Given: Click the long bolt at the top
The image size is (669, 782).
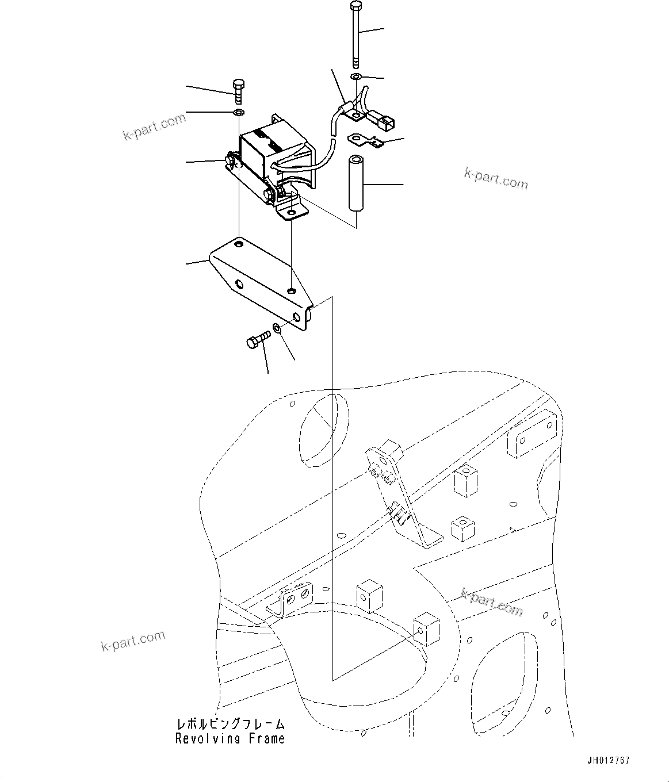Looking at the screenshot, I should tap(355, 34).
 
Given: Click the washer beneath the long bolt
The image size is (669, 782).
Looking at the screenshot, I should tap(356, 77).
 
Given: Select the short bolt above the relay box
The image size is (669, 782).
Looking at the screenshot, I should tap(239, 91).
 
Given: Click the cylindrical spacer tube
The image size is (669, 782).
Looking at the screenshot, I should tap(355, 182).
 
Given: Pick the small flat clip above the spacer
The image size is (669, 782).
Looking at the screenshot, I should tap(366, 140).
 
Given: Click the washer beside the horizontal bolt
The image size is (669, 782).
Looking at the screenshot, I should tap(277, 329).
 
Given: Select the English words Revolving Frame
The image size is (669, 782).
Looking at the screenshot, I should tap(230, 739).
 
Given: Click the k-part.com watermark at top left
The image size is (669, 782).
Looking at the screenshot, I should tap(154, 127).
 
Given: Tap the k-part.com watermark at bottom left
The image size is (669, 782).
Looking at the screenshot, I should tap(133, 641).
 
